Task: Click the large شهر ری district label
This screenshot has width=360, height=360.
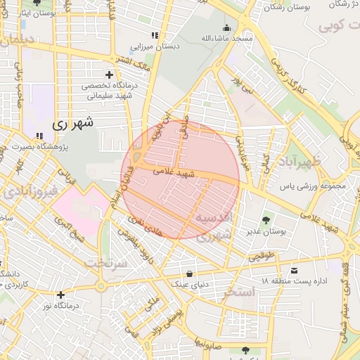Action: [x=72, y=122]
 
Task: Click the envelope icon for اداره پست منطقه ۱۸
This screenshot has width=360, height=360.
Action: [x=294, y=269]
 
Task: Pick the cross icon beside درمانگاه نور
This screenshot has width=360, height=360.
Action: [x=61, y=295]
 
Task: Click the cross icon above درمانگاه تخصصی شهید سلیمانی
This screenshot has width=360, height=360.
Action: [x=109, y=74]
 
